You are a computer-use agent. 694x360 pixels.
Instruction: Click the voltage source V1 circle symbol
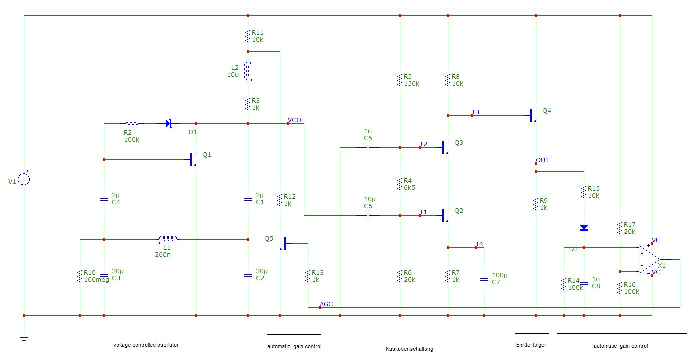24,179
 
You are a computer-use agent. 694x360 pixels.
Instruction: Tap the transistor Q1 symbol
193,160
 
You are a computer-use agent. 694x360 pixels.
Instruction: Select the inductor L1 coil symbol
168,239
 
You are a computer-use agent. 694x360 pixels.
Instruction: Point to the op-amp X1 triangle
649,260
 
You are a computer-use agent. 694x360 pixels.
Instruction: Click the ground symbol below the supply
24,338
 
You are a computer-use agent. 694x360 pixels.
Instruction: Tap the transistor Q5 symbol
283,244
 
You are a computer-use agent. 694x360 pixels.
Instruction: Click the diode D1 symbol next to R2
169,124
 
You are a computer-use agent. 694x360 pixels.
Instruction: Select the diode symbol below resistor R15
584,228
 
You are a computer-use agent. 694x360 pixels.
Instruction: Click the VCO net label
294,120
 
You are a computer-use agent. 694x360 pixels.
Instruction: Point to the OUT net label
542,160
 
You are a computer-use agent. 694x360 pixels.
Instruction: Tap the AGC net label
326,304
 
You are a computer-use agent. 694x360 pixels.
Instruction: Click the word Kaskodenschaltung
409,349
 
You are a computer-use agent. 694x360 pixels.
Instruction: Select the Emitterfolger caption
531,345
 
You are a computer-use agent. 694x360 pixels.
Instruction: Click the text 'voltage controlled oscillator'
146,345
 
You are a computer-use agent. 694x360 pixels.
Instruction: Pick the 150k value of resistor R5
412,83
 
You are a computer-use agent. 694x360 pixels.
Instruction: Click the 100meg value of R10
96,280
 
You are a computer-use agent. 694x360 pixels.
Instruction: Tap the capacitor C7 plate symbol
484,280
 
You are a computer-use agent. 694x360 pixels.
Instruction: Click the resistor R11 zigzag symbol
247,36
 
